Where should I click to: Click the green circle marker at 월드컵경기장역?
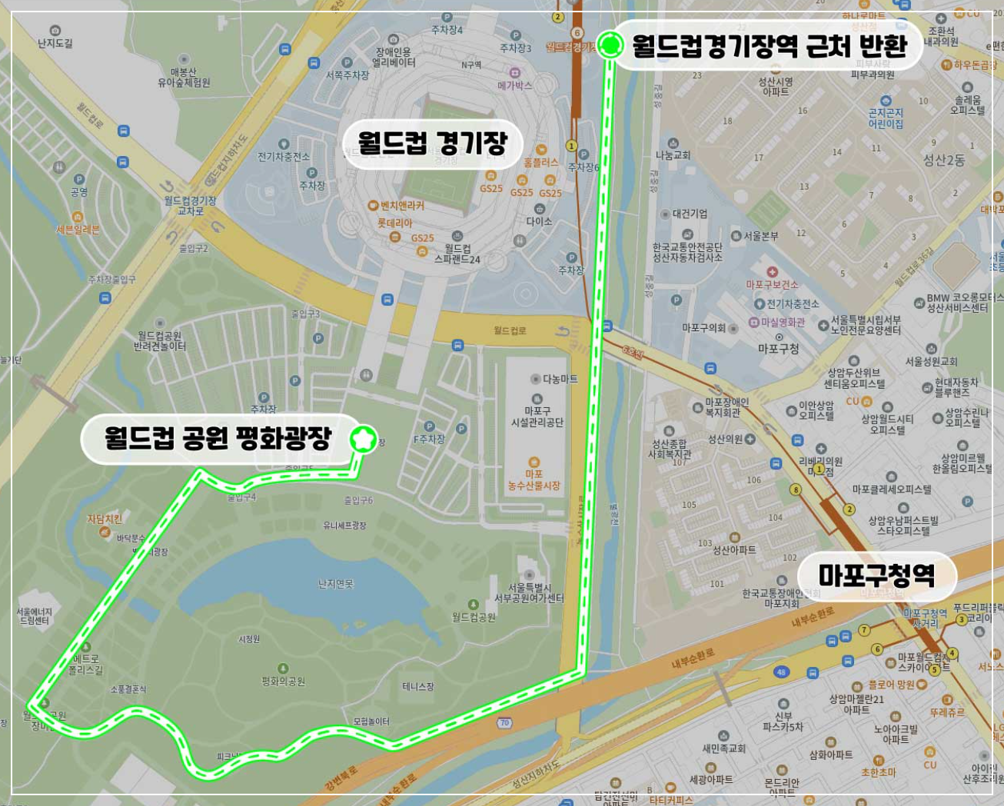[611, 45]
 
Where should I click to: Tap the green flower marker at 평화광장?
[363, 439]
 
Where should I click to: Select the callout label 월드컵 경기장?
[433, 143]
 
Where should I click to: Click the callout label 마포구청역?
[876, 575]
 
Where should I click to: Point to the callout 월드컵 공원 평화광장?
[218, 439]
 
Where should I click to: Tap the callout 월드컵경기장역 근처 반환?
[770, 46]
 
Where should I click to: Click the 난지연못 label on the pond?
[336, 584]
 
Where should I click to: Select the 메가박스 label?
[514, 85]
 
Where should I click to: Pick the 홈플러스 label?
[540, 163]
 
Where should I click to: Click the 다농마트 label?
[560, 379]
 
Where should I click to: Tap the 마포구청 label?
[778, 348]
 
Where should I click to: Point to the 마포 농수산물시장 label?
[534, 480]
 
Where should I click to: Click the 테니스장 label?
[418, 686]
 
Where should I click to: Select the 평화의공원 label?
[283, 681]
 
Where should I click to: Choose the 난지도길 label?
[55, 44]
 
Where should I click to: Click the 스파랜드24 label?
[457, 254]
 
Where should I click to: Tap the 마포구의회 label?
[703, 328]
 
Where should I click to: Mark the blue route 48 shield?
[781, 672]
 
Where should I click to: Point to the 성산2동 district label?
[943, 160]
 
